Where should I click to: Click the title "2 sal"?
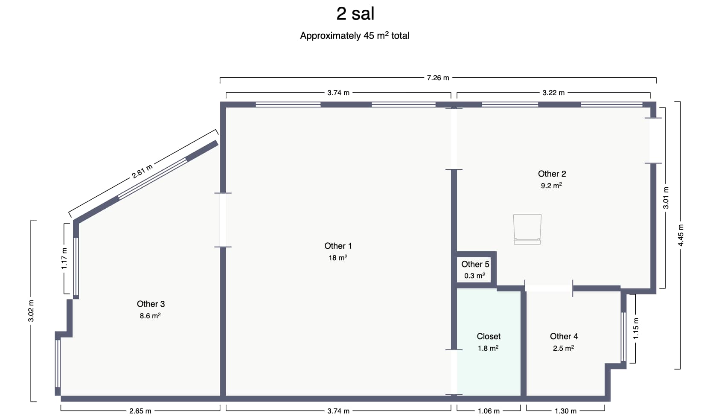(x=355, y=14)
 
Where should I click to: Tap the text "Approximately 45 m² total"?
(x=355, y=35)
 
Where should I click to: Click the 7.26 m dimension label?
(x=438, y=78)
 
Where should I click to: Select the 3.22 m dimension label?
(x=553, y=93)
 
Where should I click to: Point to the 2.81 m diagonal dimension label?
(x=142, y=171)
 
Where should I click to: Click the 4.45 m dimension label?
(x=681, y=236)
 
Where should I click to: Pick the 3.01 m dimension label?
(x=666, y=198)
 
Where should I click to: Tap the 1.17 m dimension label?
(x=64, y=259)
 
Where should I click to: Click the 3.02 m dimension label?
(x=31, y=311)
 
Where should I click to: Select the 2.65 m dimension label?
(x=140, y=411)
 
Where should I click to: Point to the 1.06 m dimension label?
(x=489, y=411)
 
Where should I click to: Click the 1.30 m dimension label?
(x=565, y=411)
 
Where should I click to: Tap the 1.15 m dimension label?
(x=636, y=329)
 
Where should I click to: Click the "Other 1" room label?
(x=338, y=246)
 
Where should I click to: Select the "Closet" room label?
(x=489, y=336)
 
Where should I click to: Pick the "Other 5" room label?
(x=475, y=264)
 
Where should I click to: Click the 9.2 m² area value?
(x=551, y=186)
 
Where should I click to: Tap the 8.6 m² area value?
(x=150, y=316)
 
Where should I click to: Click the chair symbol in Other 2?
(x=527, y=229)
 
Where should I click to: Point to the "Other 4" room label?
(x=564, y=336)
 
